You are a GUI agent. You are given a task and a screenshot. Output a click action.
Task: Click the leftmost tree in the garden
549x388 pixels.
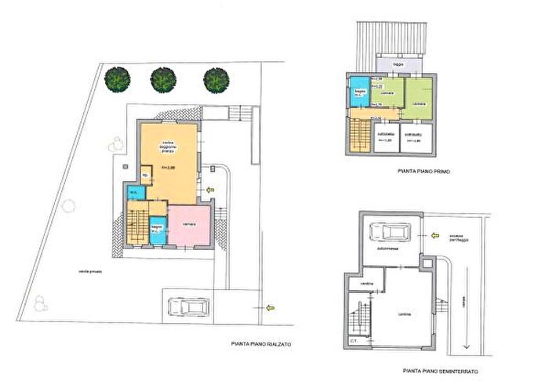click(117, 78)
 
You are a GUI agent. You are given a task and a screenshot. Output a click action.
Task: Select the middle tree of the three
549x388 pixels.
click(162, 78)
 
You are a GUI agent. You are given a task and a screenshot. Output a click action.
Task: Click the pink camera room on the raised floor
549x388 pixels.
click(189, 225)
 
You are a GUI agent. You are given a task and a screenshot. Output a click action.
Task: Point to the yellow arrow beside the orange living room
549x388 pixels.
click(209, 189)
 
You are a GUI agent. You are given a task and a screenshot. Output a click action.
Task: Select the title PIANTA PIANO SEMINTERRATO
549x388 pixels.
click(440, 370)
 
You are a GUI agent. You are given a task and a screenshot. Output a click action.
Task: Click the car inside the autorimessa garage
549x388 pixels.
click(390, 233)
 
